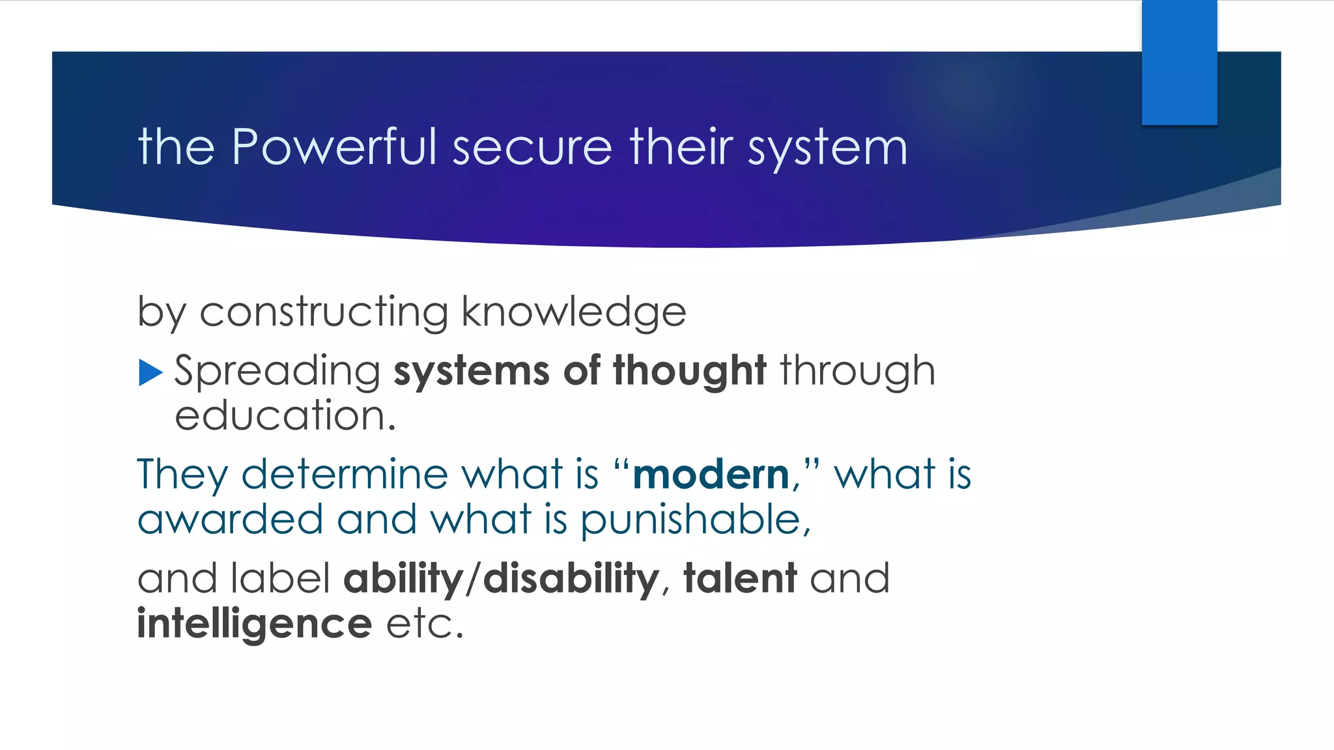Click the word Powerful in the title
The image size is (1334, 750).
pyautogui.click(x=334, y=146)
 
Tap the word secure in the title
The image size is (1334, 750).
pyautogui.click(x=532, y=148)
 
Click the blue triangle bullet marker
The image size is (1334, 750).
pyautogui.click(x=150, y=372)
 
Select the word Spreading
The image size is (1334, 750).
pyautogui.click(x=277, y=371)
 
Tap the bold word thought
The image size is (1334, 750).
pyautogui.click(x=689, y=371)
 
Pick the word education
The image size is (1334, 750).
pyautogui.click(x=285, y=416)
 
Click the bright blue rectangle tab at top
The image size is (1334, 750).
pyautogui.click(x=1179, y=62)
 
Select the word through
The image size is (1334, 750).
pyautogui.click(x=857, y=371)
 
